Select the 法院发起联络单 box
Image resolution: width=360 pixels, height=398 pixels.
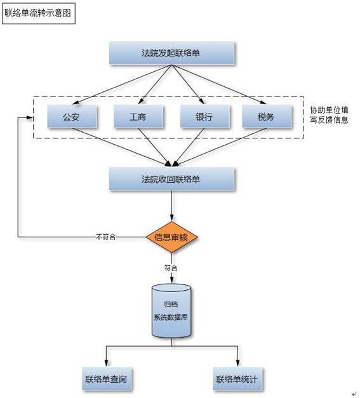click(171, 53)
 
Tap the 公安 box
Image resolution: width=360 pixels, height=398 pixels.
click(72, 117)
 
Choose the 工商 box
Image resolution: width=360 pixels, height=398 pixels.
click(138, 117)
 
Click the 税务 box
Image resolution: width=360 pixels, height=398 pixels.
click(267, 117)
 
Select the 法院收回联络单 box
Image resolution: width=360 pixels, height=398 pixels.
click(171, 179)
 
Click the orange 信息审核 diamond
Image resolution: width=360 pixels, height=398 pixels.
click(172, 237)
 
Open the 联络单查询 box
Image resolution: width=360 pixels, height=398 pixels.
click(106, 380)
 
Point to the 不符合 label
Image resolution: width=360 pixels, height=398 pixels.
click(106, 237)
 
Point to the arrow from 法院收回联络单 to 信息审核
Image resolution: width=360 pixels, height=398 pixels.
click(172, 206)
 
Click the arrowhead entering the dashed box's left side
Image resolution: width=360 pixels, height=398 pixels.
click(29, 117)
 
